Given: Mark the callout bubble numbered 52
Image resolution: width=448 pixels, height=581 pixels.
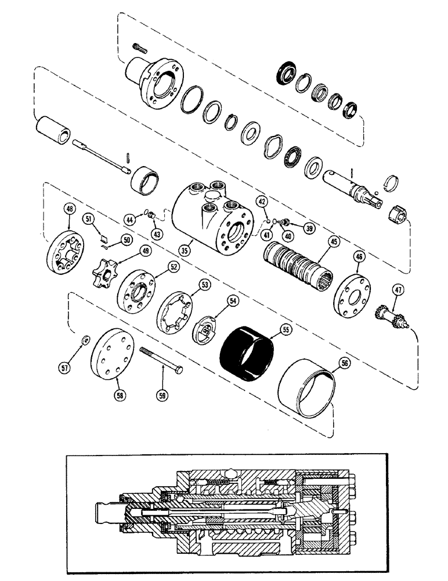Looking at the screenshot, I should click(173, 266).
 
